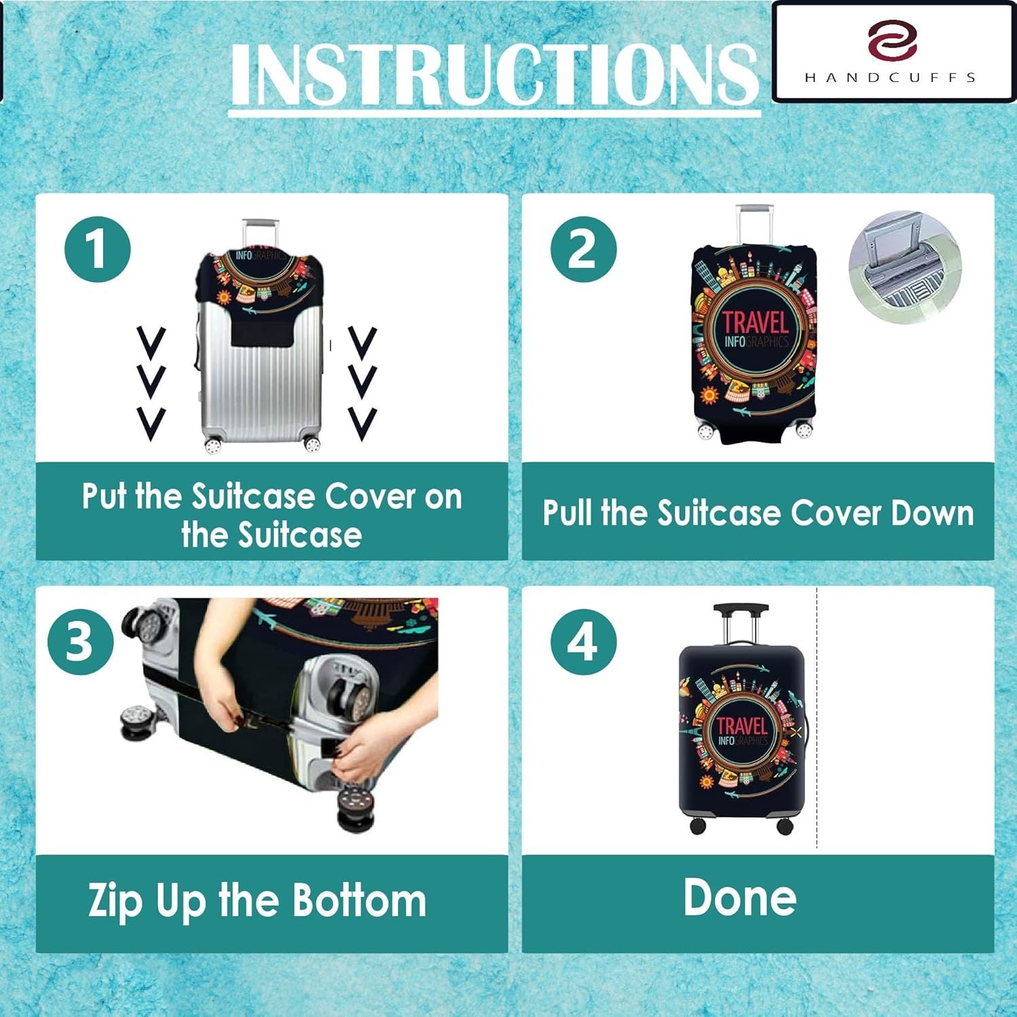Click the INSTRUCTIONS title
[x=494, y=74]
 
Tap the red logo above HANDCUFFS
[x=892, y=40]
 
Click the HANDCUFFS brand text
[x=890, y=77]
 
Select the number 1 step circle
[x=98, y=250]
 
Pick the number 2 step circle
[x=584, y=249]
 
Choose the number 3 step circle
[x=81, y=641]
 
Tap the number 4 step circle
[x=584, y=641]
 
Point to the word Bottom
[x=361, y=900]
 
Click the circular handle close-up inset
[x=905, y=266]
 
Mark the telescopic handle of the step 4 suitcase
[x=741, y=624]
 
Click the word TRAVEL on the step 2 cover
[x=755, y=322]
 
